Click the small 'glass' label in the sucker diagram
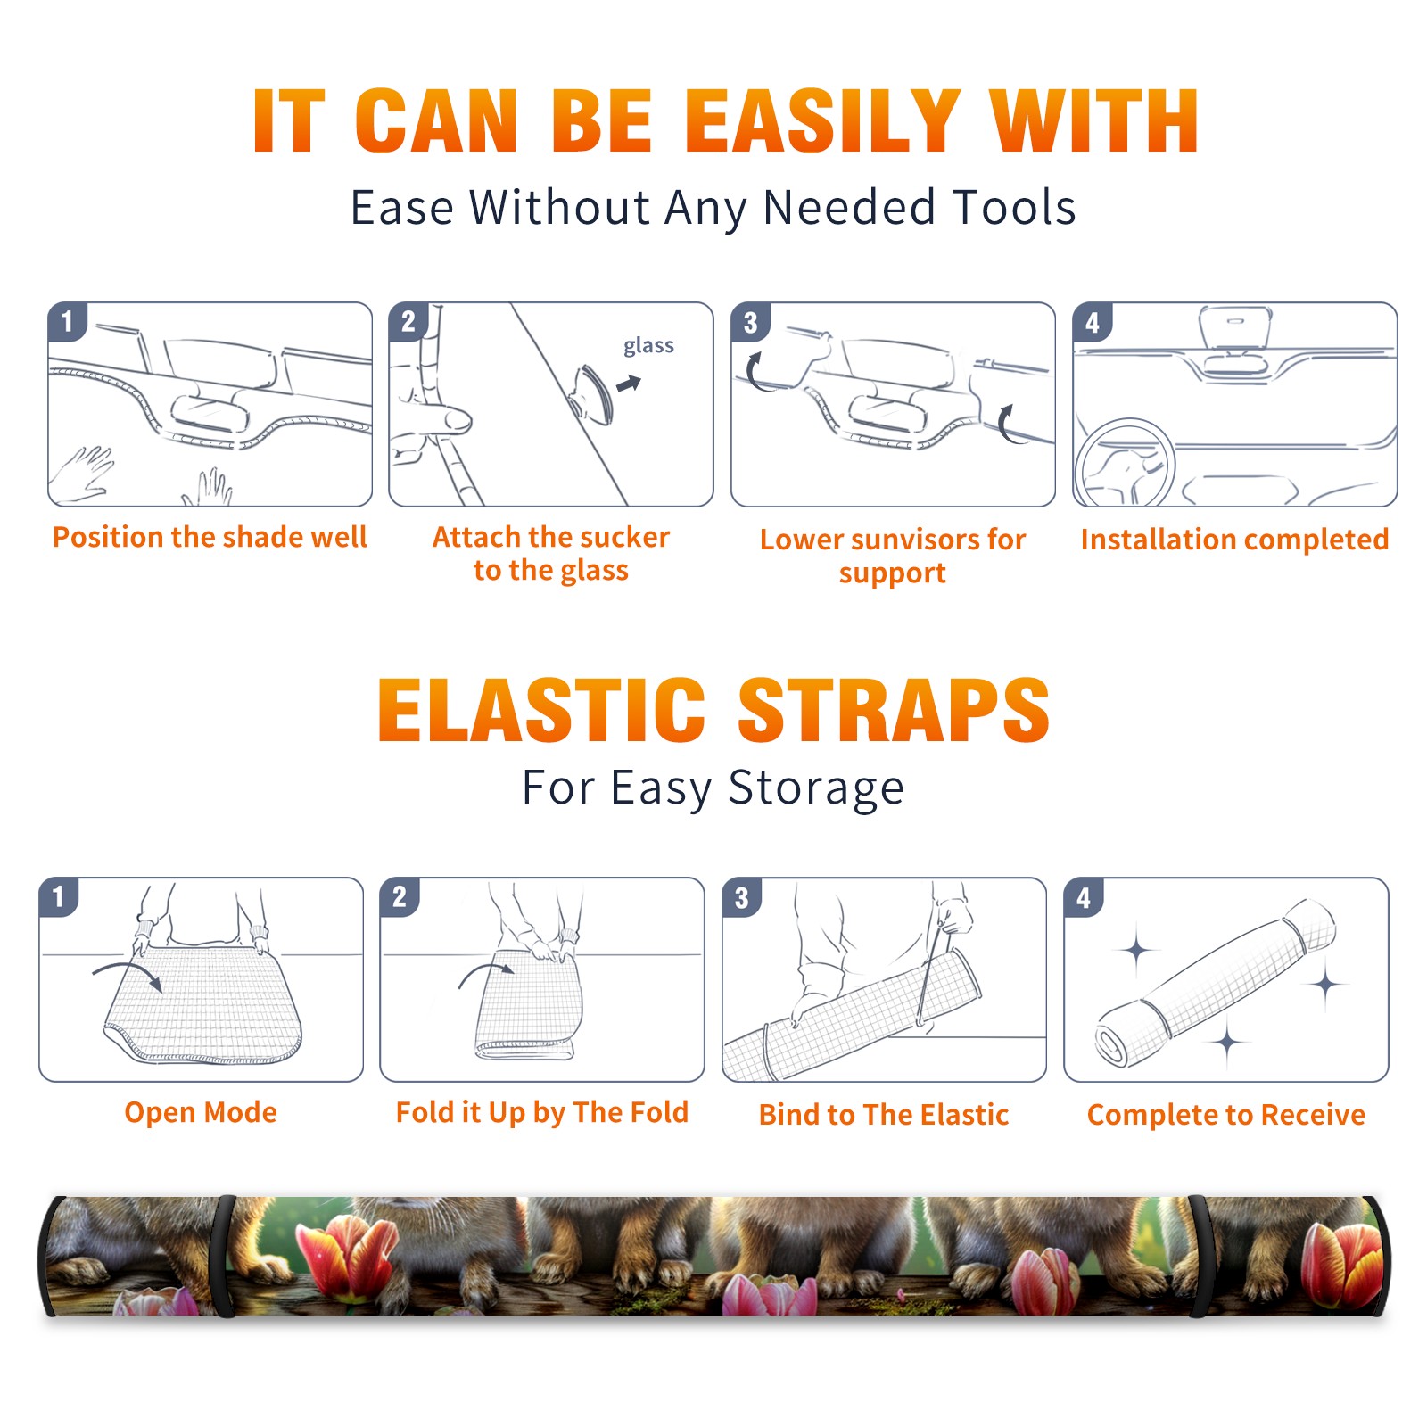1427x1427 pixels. pyautogui.click(x=648, y=346)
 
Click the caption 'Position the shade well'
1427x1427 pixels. pyautogui.click(x=210, y=537)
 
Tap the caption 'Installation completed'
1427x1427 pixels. pyautogui.click(x=1234, y=539)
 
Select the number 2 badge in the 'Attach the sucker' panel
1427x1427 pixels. pyautogui.click(x=408, y=321)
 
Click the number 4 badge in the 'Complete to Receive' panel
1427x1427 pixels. pyautogui.click(x=1084, y=897)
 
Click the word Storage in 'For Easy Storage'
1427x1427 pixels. pyautogui.click(x=816, y=788)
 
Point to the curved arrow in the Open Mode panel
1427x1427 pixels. pyautogui.click(x=127, y=969)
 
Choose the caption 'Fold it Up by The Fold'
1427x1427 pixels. pyautogui.click(x=542, y=1112)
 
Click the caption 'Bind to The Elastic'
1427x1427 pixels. pyautogui.click(x=884, y=1115)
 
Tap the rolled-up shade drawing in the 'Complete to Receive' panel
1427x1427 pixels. pyautogui.click(x=1217, y=983)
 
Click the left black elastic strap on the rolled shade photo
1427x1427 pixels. pyautogui.click(x=224, y=1256)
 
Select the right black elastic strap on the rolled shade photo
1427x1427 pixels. pyautogui.click(x=1200, y=1256)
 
